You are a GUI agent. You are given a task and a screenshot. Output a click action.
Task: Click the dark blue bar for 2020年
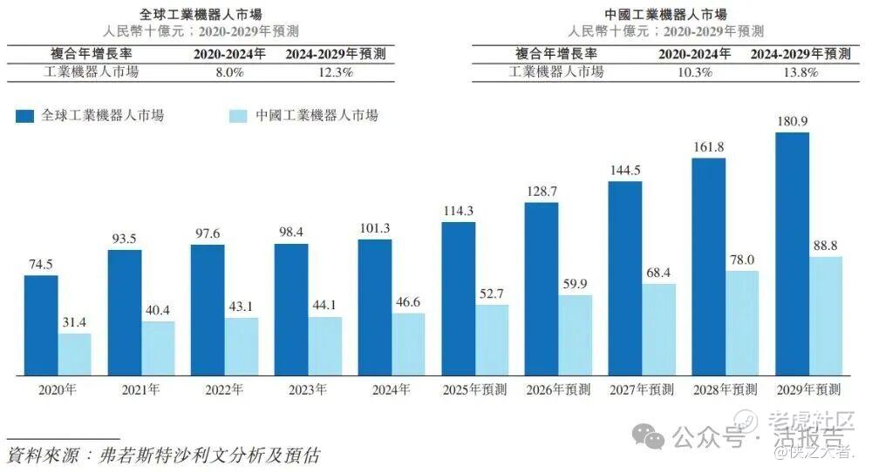(x=41, y=326)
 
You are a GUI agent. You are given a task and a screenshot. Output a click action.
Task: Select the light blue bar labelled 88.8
(x=825, y=316)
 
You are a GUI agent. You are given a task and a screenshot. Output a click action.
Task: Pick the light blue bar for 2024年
(x=408, y=345)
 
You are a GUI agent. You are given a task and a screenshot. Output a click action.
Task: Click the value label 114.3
(x=458, y=211)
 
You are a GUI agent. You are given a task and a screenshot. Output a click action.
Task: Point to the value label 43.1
(x=242, y=307)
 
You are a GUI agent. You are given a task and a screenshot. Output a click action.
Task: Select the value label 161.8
(x=708, y=146)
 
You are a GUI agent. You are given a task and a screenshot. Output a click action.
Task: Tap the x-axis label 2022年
(x=224, y=389)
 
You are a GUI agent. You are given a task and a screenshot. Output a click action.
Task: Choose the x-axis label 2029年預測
(x=808, y=389)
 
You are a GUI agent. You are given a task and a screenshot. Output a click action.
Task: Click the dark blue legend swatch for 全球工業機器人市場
(x=24, y=116)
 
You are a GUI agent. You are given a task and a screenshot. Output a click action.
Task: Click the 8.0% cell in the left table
(x=229, y=72)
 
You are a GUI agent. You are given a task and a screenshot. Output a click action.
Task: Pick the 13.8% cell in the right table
(x=800, y=72)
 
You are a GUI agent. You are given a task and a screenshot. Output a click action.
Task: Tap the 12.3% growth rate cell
(x=335, y=72)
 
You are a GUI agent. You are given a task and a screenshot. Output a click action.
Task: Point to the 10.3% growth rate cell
(x=694, y=72)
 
